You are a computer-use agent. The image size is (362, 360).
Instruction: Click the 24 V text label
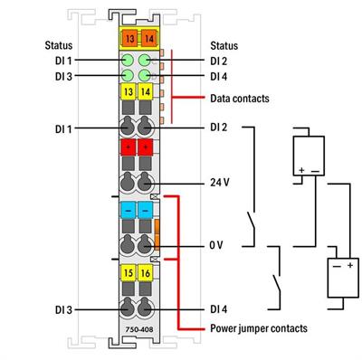tap(220, 183)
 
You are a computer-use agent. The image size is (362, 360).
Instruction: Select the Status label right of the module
tap(224, 44)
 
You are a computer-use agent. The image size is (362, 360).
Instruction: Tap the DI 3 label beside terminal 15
tap(62, 309)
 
